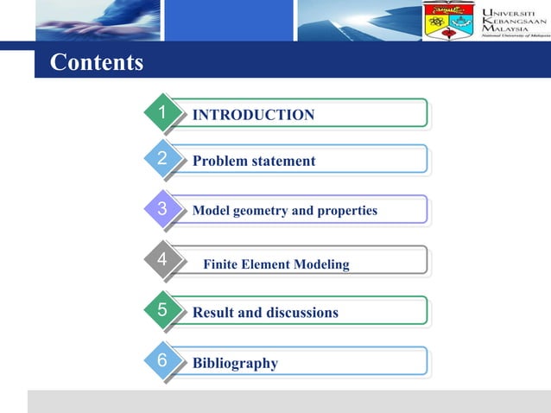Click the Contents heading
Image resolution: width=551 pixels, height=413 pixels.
coord(97,63)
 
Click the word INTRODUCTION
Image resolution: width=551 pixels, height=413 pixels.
coord(253,115)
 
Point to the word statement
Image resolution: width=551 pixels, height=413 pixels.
coord(282,162)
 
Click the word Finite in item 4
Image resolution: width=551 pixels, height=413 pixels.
coord(221,264)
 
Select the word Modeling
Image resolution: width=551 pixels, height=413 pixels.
coord(320,264)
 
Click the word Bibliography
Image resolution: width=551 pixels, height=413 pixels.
coord(235,364)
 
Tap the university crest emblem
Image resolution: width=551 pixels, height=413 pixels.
coord(448,21)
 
